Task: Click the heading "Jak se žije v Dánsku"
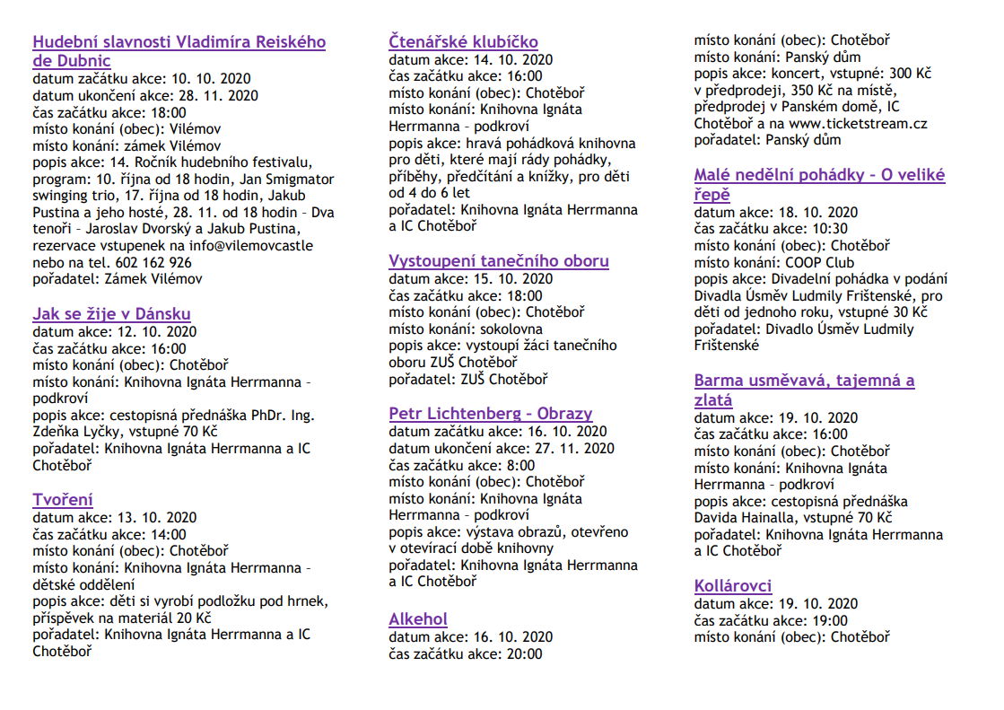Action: (x=111, y=314)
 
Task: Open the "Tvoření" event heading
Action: (x=63, y=500)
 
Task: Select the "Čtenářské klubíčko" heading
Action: (x=463, y=41)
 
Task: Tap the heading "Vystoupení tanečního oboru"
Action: (x=499, y=261)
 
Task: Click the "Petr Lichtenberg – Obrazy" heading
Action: (x=491, y=414)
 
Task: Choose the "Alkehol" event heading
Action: (x=418, y=619)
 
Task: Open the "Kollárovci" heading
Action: (x=733, y=586)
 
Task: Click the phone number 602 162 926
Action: (x=153, y=262)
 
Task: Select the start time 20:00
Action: (x=524, y=654)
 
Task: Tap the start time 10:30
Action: (x=828, y=229)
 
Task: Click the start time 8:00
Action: (x=519, y=465)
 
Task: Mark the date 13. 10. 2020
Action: (x=153, y=517)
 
